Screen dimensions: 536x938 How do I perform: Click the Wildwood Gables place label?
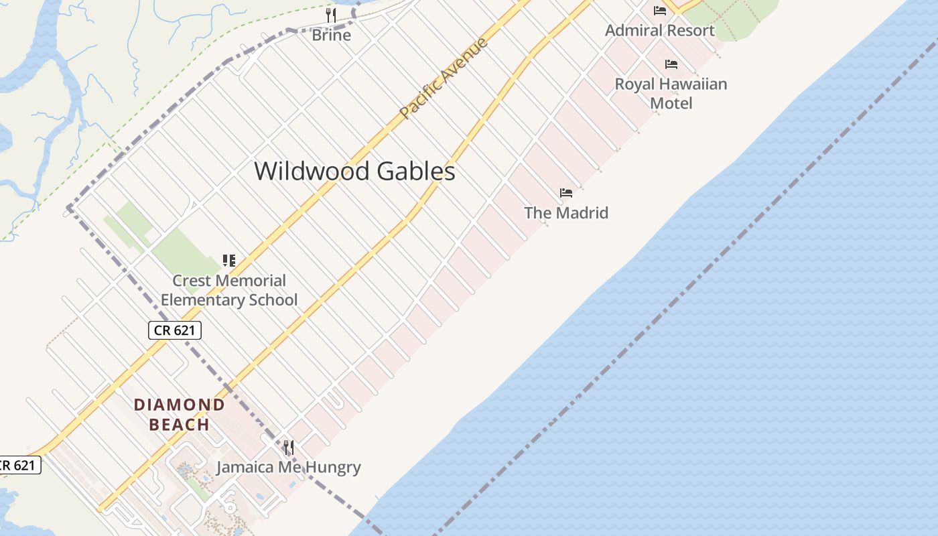pos(354,172)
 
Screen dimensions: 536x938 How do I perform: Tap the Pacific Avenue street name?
pos(444,79)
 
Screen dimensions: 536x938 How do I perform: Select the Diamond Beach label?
pos(179,414)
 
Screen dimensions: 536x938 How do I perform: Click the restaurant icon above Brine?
pos(331,15)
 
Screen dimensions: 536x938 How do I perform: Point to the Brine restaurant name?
pos(331,35)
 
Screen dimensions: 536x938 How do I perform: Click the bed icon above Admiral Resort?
pos(660,10)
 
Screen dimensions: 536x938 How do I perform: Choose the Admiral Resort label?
pos(660,30)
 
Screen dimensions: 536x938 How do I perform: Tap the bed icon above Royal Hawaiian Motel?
pos(671,64)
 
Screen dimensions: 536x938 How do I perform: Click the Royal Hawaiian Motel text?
pos(671,93)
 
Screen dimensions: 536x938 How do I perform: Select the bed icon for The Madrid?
pos(566,193)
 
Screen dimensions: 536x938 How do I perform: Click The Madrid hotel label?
pos(566,213)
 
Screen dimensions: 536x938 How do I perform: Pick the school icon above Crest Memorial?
pos(229,260)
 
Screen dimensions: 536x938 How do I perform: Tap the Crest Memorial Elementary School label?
pos(229,290)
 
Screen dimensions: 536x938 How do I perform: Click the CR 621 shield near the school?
pos(175,330)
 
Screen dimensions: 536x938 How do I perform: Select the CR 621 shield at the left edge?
pos(19,465)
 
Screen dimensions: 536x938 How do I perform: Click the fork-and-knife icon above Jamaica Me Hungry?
pos(289,447)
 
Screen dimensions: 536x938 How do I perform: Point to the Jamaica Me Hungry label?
pos(288,467)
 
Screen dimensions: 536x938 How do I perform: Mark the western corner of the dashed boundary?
pos(69,208)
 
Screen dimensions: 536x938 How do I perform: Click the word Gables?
pos(416,172)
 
